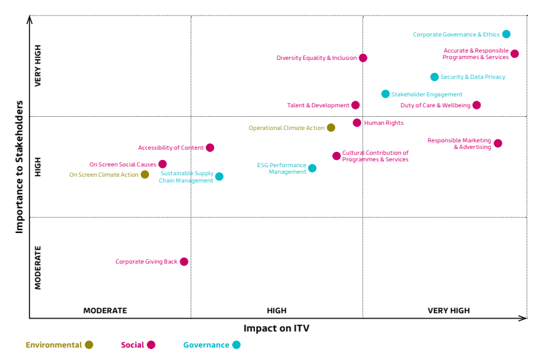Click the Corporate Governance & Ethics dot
(506, 34)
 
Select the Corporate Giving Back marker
(184, 261)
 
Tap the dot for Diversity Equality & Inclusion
(363, 58)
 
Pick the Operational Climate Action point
(331, 128)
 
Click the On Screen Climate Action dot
(145, 175)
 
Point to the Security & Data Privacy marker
(435, 77)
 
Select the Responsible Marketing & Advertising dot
(498, 143)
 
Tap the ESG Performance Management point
(312, 168)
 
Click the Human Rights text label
(383, 123)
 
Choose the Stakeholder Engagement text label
(426, 94)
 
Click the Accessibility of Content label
(171, 148)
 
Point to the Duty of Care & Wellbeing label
(435, 105)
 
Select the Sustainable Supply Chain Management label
(186, 177)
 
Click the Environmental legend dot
(89, 345)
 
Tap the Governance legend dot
(236, 345)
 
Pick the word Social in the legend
(132, 345)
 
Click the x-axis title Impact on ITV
(276, 329)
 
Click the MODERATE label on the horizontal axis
(105, 310)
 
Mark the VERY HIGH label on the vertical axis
(38, 66)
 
